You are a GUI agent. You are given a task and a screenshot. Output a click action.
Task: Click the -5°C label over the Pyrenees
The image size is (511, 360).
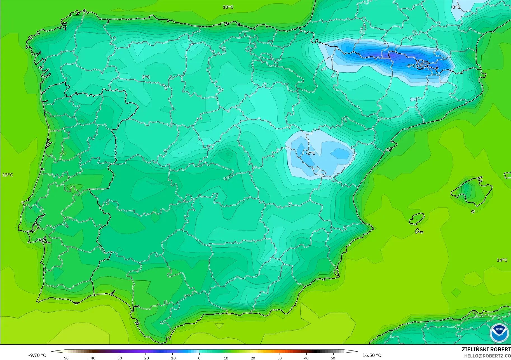[411, 66]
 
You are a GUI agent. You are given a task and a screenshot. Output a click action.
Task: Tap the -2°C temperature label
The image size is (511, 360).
[310, 153]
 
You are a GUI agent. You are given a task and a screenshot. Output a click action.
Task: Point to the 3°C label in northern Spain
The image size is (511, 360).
[146, 77]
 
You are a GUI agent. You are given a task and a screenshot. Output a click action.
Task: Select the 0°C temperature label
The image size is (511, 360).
[456, 7]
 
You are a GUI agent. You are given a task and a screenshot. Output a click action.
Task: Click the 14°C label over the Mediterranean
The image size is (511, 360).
[502, 260]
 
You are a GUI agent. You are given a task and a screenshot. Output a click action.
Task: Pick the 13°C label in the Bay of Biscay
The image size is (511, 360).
[228, 7]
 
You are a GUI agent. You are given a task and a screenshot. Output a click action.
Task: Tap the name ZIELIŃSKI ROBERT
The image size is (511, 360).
[486, 349]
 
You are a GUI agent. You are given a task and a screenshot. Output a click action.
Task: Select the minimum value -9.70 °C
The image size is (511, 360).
[37, 355]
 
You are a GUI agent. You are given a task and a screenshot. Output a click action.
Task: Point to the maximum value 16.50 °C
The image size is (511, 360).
[372, 355]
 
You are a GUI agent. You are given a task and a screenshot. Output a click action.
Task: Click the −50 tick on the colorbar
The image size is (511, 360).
[65, 358]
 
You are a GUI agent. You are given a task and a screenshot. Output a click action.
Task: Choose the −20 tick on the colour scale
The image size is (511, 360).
[146, 358]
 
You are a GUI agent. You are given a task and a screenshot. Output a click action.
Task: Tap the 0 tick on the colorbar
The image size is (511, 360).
[199, 358]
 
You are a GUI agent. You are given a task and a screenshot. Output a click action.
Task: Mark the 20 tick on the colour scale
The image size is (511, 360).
[253, 358]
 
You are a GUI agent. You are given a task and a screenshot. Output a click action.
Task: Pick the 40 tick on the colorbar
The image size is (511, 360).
[306, 358]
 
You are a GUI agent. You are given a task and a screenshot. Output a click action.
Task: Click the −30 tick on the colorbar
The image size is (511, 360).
[119, 358]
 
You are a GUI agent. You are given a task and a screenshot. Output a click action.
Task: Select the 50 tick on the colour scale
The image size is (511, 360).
[333, 358]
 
